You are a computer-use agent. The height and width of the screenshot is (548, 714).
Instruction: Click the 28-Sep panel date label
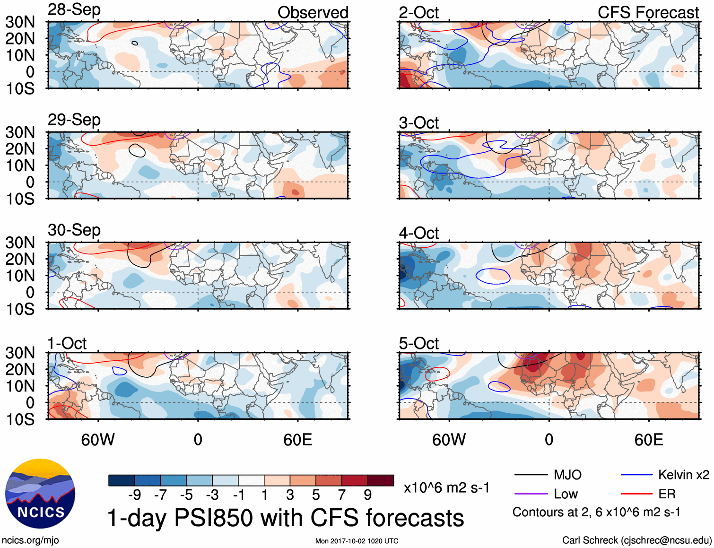74,10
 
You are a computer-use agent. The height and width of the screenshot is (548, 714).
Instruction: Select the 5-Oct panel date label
418,343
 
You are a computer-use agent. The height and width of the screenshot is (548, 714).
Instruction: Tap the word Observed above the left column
313,12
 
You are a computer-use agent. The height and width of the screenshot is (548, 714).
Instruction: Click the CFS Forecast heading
648,12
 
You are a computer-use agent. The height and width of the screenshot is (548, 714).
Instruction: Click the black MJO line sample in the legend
531,475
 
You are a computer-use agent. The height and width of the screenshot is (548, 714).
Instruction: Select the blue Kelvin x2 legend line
636,475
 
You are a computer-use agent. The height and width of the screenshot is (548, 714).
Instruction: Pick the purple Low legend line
531,494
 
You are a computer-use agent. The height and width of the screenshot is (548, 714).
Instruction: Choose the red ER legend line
636,494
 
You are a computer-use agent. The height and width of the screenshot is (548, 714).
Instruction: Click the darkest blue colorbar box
122,480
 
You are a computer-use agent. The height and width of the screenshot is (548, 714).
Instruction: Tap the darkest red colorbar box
381,480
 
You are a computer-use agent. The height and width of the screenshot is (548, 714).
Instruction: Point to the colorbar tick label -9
134,495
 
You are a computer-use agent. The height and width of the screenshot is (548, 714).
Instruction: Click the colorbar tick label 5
315,495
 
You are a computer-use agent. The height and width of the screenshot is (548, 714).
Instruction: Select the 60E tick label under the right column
648,440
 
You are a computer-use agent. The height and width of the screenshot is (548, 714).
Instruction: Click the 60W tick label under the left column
98,440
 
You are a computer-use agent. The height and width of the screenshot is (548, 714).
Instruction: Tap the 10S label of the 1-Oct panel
20,419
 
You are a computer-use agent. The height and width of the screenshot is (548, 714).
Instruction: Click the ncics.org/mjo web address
30,540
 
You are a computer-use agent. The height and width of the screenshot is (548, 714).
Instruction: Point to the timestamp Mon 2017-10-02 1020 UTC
357,541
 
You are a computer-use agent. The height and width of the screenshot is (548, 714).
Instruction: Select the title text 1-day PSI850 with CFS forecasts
286,518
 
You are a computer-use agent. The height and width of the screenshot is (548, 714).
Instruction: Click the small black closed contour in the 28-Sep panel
135,43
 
